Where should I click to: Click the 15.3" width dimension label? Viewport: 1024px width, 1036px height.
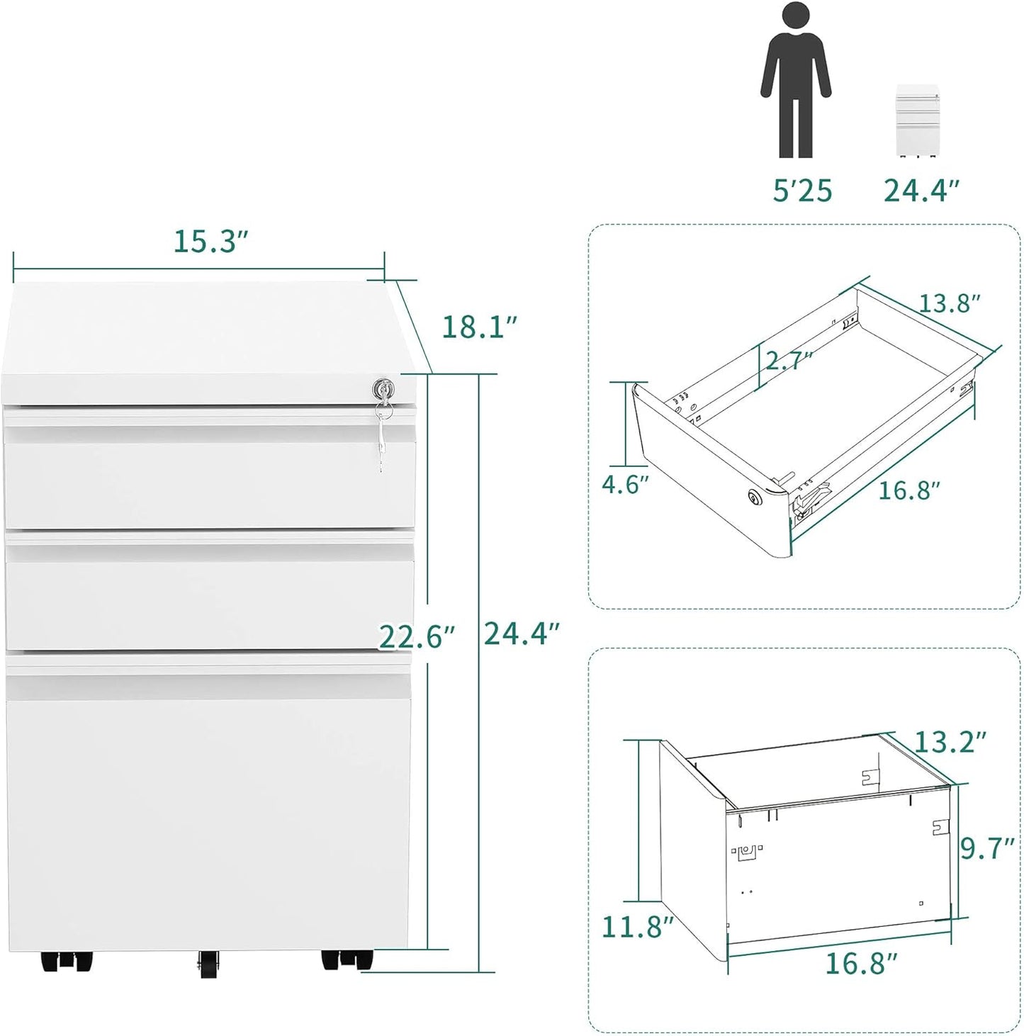[211, 242]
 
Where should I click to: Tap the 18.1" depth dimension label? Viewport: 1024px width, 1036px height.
[480, 327]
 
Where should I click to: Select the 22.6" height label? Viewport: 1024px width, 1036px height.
[416, 637]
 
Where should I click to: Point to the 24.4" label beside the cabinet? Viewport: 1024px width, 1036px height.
[522, 634]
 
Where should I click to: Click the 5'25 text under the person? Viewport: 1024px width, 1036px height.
[802, 191]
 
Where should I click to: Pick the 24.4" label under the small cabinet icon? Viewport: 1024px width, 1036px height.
[921, 191]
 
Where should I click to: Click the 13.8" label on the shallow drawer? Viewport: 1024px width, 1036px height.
[950, 303]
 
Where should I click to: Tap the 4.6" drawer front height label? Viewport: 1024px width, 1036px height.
[626, 485]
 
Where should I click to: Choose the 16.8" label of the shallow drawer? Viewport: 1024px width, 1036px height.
[909, 490]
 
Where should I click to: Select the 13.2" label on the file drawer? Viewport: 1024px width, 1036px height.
[950, 742]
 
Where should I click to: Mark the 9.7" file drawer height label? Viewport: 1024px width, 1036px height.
[988, 848]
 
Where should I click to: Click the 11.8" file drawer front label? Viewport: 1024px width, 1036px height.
[637, 926]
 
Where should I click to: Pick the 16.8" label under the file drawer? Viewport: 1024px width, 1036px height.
[861, 964]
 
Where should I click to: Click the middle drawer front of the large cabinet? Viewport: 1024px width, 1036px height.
[209, 595]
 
